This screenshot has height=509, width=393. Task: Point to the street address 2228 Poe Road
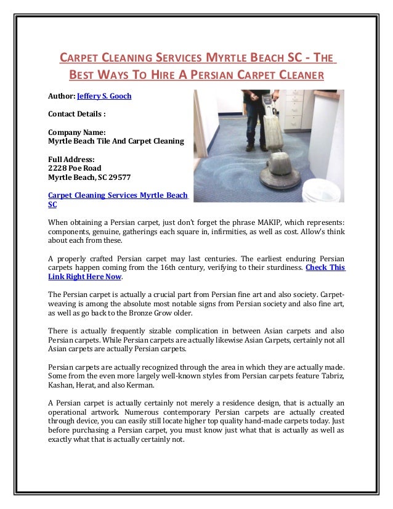[75, 168]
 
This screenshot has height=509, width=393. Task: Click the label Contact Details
[77, 115]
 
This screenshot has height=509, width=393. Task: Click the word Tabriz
[331, 376]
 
